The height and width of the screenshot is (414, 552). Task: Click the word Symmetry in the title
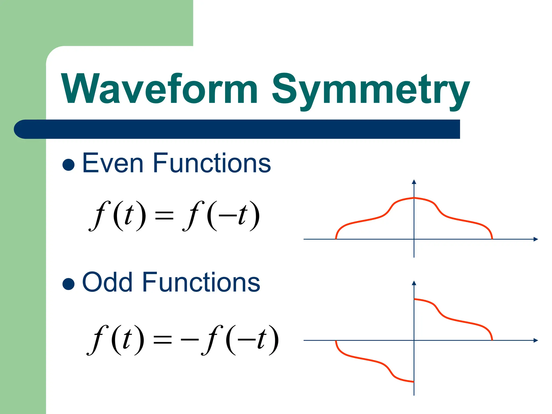point(371,90)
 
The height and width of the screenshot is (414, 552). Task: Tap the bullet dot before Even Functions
point(68,165)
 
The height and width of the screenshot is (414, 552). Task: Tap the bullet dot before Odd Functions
point(68,284)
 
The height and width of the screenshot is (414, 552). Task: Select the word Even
point(112,163)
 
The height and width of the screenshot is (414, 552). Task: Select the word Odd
point(107,282)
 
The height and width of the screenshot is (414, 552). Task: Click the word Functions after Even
point(212,163)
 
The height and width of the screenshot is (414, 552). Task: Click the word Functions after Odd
point(201,282)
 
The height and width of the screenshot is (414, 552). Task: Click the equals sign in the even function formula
point(164,216)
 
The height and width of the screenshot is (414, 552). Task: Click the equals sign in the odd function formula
point(162,340)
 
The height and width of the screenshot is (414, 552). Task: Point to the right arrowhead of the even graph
point(536,239)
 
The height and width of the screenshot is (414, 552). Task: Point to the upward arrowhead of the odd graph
point(414,283)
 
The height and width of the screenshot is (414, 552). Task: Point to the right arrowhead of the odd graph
point(536,340)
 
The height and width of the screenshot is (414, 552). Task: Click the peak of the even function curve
point(414,198)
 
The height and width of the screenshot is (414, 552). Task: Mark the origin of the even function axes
point(414,239)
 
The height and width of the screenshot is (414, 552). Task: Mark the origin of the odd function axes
point(414,340)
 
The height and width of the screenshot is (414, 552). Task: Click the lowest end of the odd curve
point(413,382)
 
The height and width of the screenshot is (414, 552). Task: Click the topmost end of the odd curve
point(415,299)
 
